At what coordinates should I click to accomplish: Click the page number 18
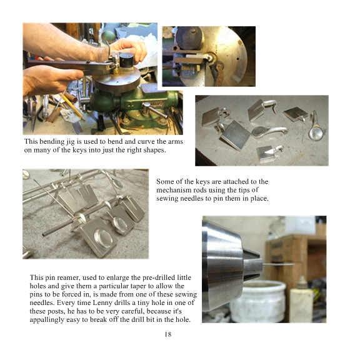pyautogui.click(x=168, y=334)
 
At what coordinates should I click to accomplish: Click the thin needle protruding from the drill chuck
pyautogui.click(x=278, y=265)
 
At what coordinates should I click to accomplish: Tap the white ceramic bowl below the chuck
pyautogui.click(x=258, y=301)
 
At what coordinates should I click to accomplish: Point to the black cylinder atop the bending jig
pyautogui.click(x=126, y=60)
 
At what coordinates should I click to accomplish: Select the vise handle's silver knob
pyautogui.click(x=146, y=106)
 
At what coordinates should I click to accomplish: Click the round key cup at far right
pyautogui.click(x=316, y=133)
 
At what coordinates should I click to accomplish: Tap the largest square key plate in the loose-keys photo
pyautogui.click(x=236, y=135)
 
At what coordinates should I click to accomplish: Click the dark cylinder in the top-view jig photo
pyautogui.click(x=189, y=38)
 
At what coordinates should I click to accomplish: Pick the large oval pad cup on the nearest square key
pyautogui.click(x=104, y=239)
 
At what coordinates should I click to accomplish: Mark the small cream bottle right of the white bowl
pyautogui.click(x=301, y=299)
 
